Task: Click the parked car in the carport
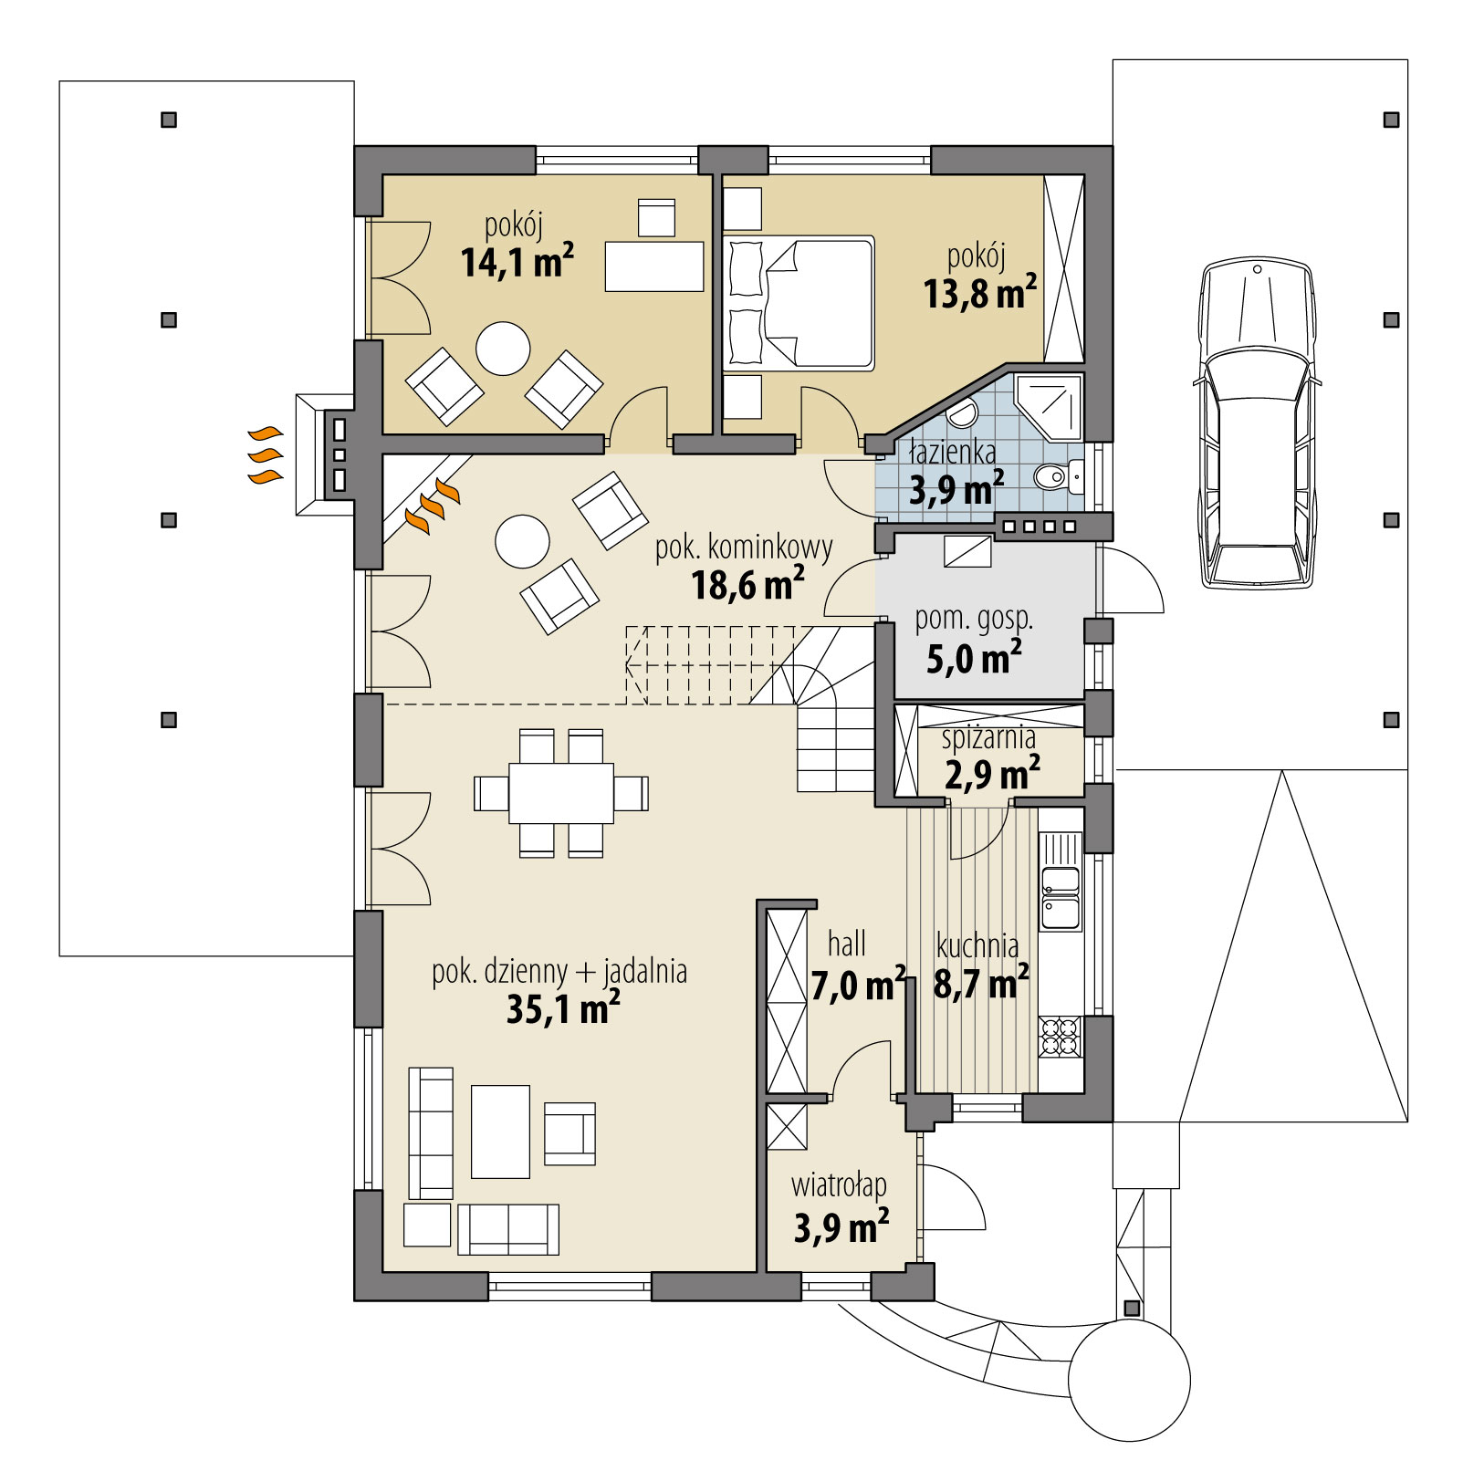(x=1257, y=424)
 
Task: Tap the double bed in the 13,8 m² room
(x=799, y=303)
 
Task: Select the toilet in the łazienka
(x=1058, y=475)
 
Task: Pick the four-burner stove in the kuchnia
(x=1060, y=1036)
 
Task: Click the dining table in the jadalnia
(x=560, y=793)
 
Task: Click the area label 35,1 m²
(x=563, y=1009)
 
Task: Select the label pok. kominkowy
(x=744, y=548)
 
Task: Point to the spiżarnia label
(x=988, y=736)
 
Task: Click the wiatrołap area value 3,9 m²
(x=841, y=1227)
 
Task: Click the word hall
(x=846, y=944)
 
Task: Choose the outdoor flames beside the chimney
(x=265, y=454)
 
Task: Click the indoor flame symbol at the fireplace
(x=433, y=506)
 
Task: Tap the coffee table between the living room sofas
(x=500, y=1132)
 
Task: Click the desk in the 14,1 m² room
(x=654, y=266)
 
